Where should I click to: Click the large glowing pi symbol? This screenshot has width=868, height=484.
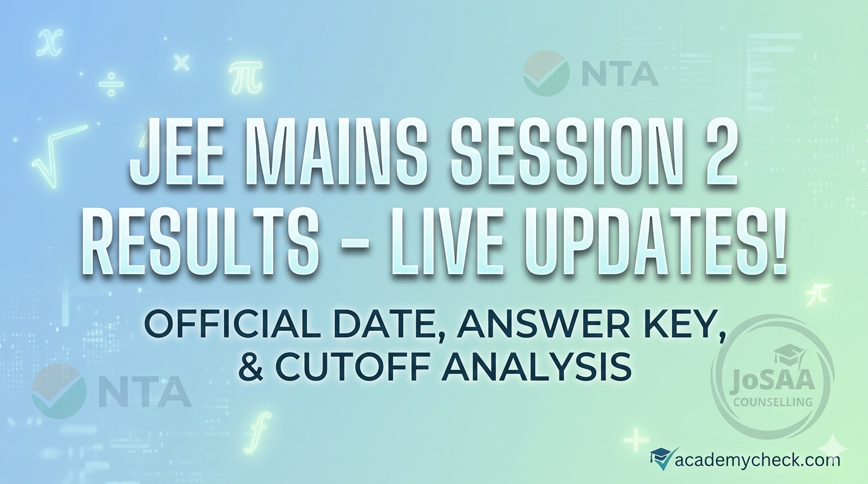(245, 77)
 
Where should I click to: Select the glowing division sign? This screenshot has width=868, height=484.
(111, 84)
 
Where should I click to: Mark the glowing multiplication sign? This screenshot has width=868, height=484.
(182, 62)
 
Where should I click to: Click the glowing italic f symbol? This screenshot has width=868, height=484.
(261, 432)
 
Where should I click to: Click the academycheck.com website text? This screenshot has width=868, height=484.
(757, 459)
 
